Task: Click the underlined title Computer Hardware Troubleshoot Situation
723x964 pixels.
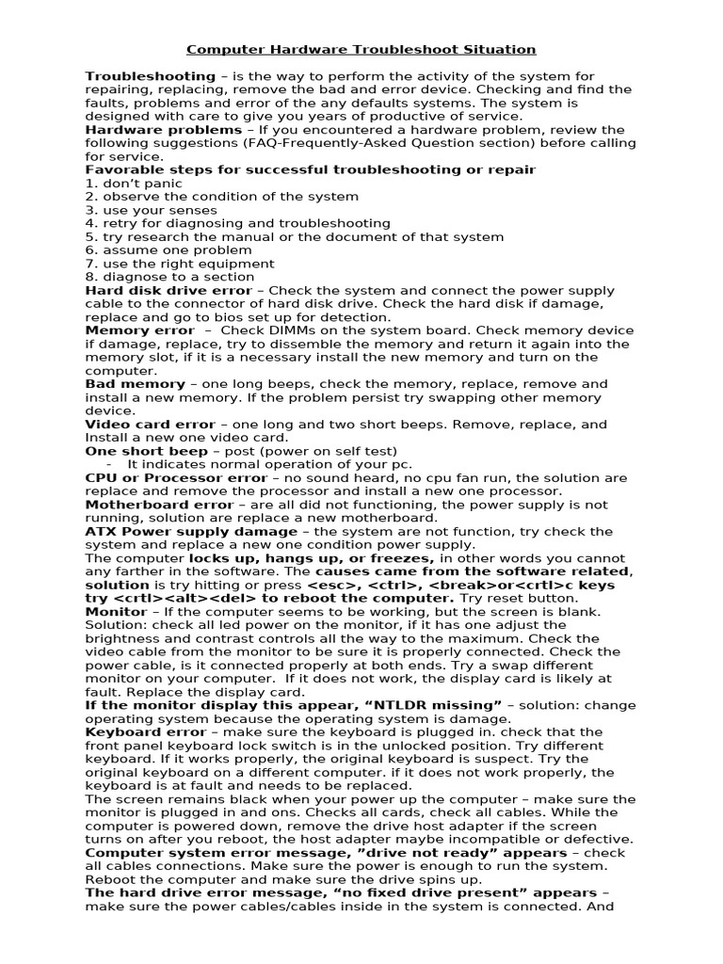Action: tap(361, 49)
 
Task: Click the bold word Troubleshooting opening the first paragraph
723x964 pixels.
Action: tap(150, 76)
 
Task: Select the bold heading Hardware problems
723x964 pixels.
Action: tap(163, 130)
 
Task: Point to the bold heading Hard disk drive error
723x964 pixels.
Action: tap(168, 291)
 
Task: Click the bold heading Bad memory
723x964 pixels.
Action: tap(135, 384)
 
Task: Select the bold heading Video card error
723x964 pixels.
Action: tap(150, 425)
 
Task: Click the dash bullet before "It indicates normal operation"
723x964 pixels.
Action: tap(110, 465)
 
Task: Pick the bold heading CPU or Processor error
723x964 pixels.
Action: tap(176, 478)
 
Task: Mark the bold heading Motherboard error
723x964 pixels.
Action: tap(159, 505)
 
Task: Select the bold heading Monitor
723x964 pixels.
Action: tap(116, 612)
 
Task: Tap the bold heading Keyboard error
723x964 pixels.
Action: tap(145, 731)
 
